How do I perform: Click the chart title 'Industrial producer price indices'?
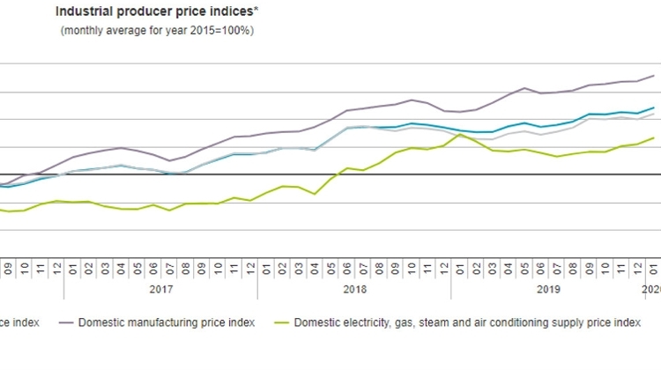pyautogui.click(x=154, y=12)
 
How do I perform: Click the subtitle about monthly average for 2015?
pyautogui.click(x=157, y=30)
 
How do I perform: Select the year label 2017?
pyautogui.click(x=160, y=288)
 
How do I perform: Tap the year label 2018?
pyautogui.click(x=355, y=288)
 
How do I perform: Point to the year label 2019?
pyautogui.click(x=549, y=288)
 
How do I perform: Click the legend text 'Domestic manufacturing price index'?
pyautogui.click(x=167, y=323)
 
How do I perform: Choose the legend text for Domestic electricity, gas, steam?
pyautogui.click(x=468, y=323)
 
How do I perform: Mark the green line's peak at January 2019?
pyautogui.click(x=460, y=134)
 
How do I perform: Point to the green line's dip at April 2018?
pyautogui.click(x=315, y=194)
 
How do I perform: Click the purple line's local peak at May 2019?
pyautogui.click(x=525, y=88)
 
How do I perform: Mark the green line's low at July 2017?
pyautogui.click(x=169, y=211)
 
